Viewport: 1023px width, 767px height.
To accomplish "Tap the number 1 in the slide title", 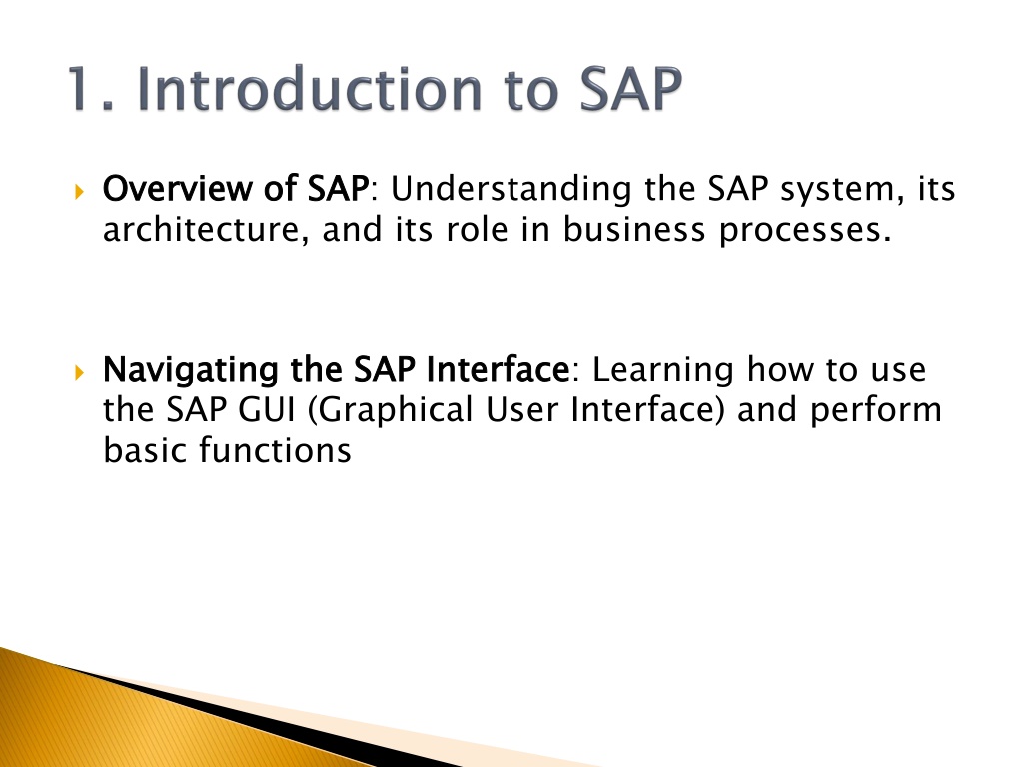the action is pyautogui.click(x=83, y=88).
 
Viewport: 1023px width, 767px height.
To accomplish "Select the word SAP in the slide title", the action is pyautogui.click(x=631, y=88).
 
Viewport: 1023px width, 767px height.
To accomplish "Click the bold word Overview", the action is pyautogui.click(x=177, y=188).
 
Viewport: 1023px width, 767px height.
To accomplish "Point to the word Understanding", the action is pyautogui.click(x=511, y=188).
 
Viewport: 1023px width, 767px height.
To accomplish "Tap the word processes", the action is pyautogui.click(x=805, y=231).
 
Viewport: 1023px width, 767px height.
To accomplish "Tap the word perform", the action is pyautogui.click(x=875, y=411).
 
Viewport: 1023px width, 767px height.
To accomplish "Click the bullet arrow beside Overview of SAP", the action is pyautogui.click(x=80, y=192).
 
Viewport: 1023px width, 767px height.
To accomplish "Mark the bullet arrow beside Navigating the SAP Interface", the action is pyautogui.click(x=80, y=373).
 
